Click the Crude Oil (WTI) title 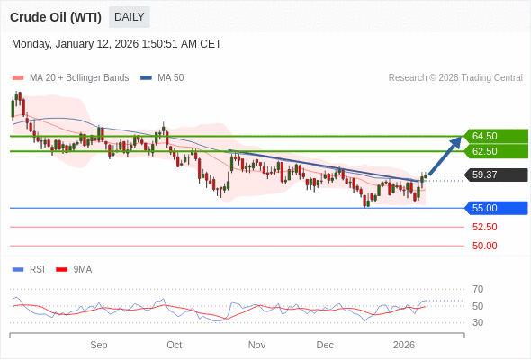tap(56, 17)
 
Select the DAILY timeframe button tap(130, 17)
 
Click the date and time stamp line tap(117, 44)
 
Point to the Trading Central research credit tap(455, 78)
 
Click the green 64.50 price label tap(495, 136)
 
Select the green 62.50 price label tap(495, 151)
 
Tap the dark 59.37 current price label tap(495, 175)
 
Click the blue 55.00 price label tap(495, 208)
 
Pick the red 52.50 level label tap(484, 227)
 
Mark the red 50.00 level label tap(484, 246)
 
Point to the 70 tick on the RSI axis tap(478, 289)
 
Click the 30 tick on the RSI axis tap(478, 322)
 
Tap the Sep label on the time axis tap(99, 345)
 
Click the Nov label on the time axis tap(256, 345)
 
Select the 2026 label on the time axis tap(404, 345)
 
